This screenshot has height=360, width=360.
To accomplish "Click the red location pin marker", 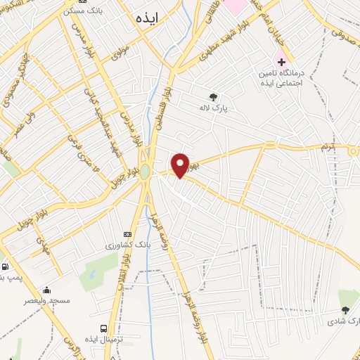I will [181, 165].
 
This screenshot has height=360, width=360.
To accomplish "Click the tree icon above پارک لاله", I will [213, 97].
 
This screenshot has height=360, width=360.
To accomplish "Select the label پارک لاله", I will [213, 109].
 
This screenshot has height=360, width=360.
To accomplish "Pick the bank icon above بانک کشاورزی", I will [127, 234].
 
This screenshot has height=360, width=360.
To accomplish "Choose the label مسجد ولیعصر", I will [47, 301].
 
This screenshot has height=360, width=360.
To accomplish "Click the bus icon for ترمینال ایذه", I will [104, 328].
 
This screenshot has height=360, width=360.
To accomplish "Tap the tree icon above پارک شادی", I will [345, 310].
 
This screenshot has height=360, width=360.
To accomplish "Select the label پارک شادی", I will [343, 321].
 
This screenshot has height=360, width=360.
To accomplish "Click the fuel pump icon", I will [6, 267].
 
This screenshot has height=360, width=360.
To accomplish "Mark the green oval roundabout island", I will [145, 172].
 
